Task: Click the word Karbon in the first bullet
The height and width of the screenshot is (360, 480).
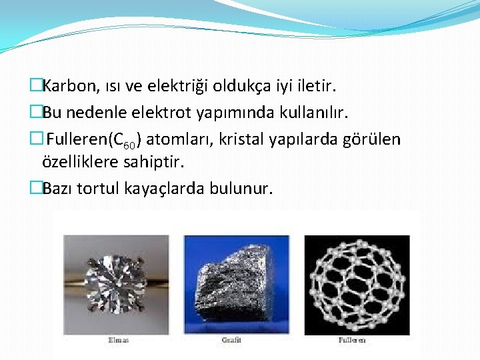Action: (69, 86)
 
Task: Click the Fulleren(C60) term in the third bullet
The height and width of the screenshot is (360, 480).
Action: (94, 139)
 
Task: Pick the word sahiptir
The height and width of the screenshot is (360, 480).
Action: (154, 162)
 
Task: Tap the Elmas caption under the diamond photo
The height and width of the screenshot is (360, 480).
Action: (118, 341)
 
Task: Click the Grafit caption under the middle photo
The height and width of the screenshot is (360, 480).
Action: (231, 341)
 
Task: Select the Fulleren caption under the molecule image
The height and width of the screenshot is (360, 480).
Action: (352, 341)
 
